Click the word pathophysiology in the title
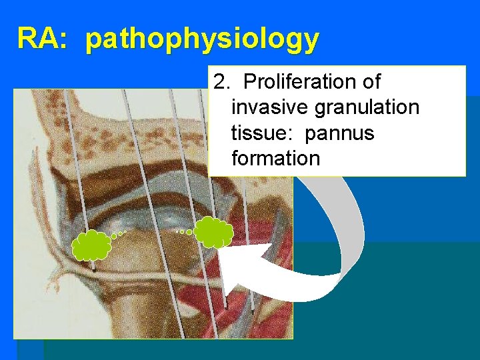(203, 40)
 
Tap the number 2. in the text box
(221, 82)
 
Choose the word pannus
(340, 133)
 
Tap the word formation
(275, 159)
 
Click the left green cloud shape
(91, 245)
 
